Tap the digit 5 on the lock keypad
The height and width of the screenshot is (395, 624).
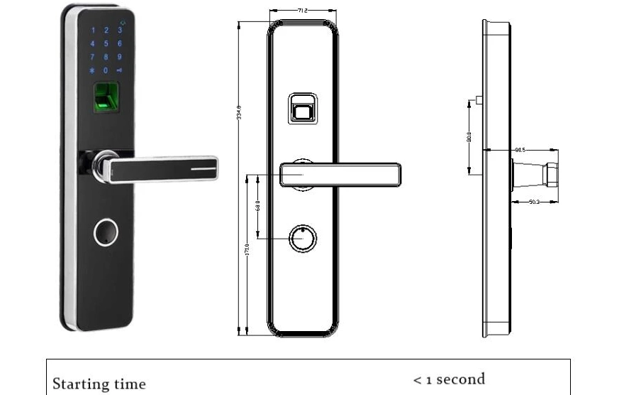(x=106, y=44)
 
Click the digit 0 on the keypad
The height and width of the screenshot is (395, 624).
(x=106, y=70)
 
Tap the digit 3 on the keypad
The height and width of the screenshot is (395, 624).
(x=119, y=31)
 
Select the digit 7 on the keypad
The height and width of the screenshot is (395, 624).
(x=92, y=57)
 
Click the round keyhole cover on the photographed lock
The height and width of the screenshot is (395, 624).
(x=106, y=233)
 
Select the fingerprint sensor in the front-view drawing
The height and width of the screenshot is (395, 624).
(x=303, y=109)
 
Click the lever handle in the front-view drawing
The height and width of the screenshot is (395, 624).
(x=340, y=174)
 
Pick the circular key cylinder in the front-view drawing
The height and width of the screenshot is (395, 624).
(x=302, y=239)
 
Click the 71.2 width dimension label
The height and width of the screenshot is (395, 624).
(x=302, y=11)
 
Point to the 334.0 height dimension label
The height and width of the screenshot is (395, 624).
(x=240, y=114)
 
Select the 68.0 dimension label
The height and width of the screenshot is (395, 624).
(x=258, y=206)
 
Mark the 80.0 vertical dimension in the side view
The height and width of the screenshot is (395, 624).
(x=469, y=136)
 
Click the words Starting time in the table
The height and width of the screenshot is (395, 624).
(x=99, y=384)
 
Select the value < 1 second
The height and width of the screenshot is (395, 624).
(x=449, y=379)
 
